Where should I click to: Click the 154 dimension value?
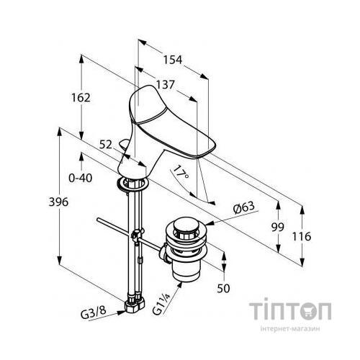(x=173, y=60)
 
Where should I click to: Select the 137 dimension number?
(x=165, y=84)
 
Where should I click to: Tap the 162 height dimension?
(x=81, y=98)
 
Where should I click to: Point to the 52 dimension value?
(x=106, y=145)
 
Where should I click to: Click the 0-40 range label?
(x=81, y=179)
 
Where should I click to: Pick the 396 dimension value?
(x=58, y=202)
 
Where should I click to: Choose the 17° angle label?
(x=181, y=172)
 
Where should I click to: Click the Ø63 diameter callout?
(x=243, y=207)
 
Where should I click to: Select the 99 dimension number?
(x=278, y=227)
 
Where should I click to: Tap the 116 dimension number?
(x=302, y=237)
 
